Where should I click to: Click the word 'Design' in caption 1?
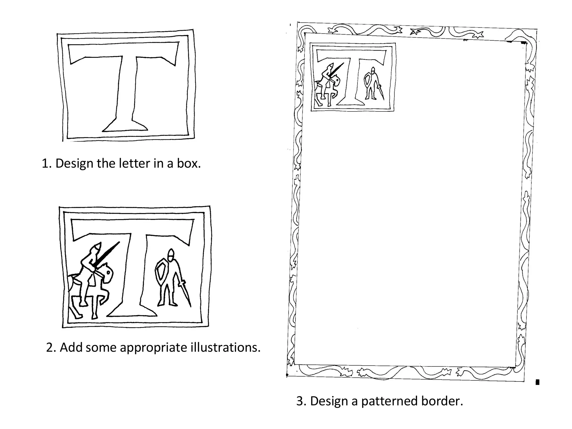click(74, 163)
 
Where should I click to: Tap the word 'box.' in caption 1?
click(189, 163)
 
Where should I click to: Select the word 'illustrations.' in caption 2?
click(225, 347)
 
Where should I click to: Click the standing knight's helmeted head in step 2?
click(170, 254)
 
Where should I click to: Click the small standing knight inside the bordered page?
click(371, 84)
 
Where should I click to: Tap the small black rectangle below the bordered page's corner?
click(537, 382)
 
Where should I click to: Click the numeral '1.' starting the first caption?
click(46, 163)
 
